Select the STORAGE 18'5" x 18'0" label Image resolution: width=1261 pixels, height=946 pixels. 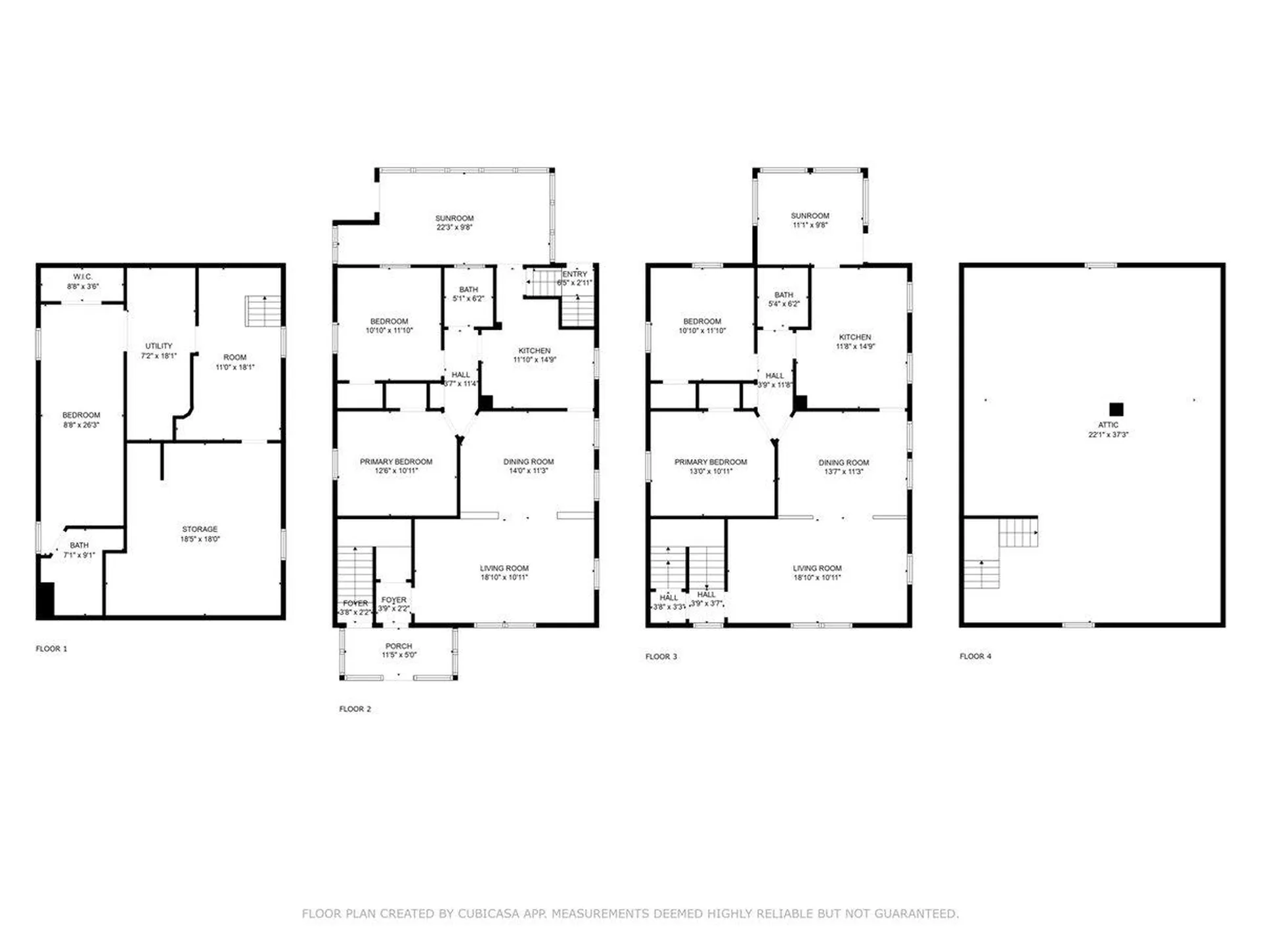(x=200, y=533)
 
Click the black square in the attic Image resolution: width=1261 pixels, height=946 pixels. (x=1116, y=409)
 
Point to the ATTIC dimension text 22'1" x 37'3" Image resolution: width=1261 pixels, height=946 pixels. (x=1108, y=434)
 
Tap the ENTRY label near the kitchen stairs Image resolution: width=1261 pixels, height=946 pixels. (x=575, y=274)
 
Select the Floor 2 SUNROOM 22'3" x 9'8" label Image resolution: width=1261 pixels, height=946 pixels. (x=454, y=223)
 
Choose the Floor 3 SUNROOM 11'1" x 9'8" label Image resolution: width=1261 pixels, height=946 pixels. (x=810, y=220)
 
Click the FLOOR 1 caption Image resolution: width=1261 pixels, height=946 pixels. (x=51, y=648)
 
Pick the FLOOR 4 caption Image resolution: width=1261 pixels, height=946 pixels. (x=975, y=656)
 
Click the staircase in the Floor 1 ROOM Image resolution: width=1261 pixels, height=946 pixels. (x=263, y=311)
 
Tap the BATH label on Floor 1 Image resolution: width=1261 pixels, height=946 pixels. (x=79, y=545)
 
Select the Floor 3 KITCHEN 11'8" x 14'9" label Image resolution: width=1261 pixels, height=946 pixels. (x=854, y=341)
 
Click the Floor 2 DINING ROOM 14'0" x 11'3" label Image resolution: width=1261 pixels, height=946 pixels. (x=528, y=466)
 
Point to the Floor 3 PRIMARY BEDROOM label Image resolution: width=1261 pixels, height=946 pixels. (x=710, y=462)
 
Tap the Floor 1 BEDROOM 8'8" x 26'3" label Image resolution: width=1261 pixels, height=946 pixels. (x=81, y=420)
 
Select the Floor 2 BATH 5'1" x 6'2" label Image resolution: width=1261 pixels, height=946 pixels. (x=468, y=294)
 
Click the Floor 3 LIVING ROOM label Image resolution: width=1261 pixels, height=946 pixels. (x=816, y=568)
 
